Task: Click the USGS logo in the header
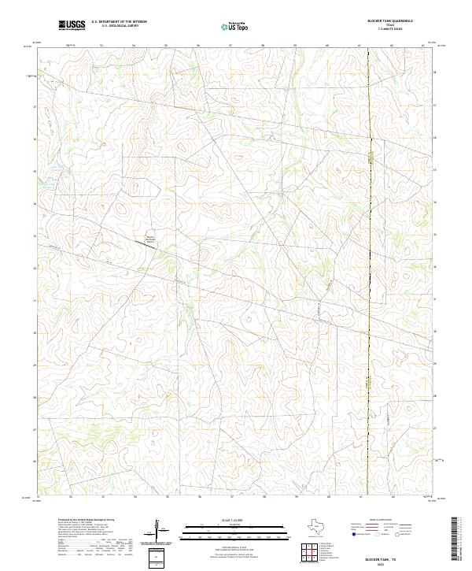[x=72, y=25]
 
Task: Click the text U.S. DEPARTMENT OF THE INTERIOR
[x=119, y=22]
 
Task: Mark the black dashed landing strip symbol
[x=144, y=246]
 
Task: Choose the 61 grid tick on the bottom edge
[x=360, y=498]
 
